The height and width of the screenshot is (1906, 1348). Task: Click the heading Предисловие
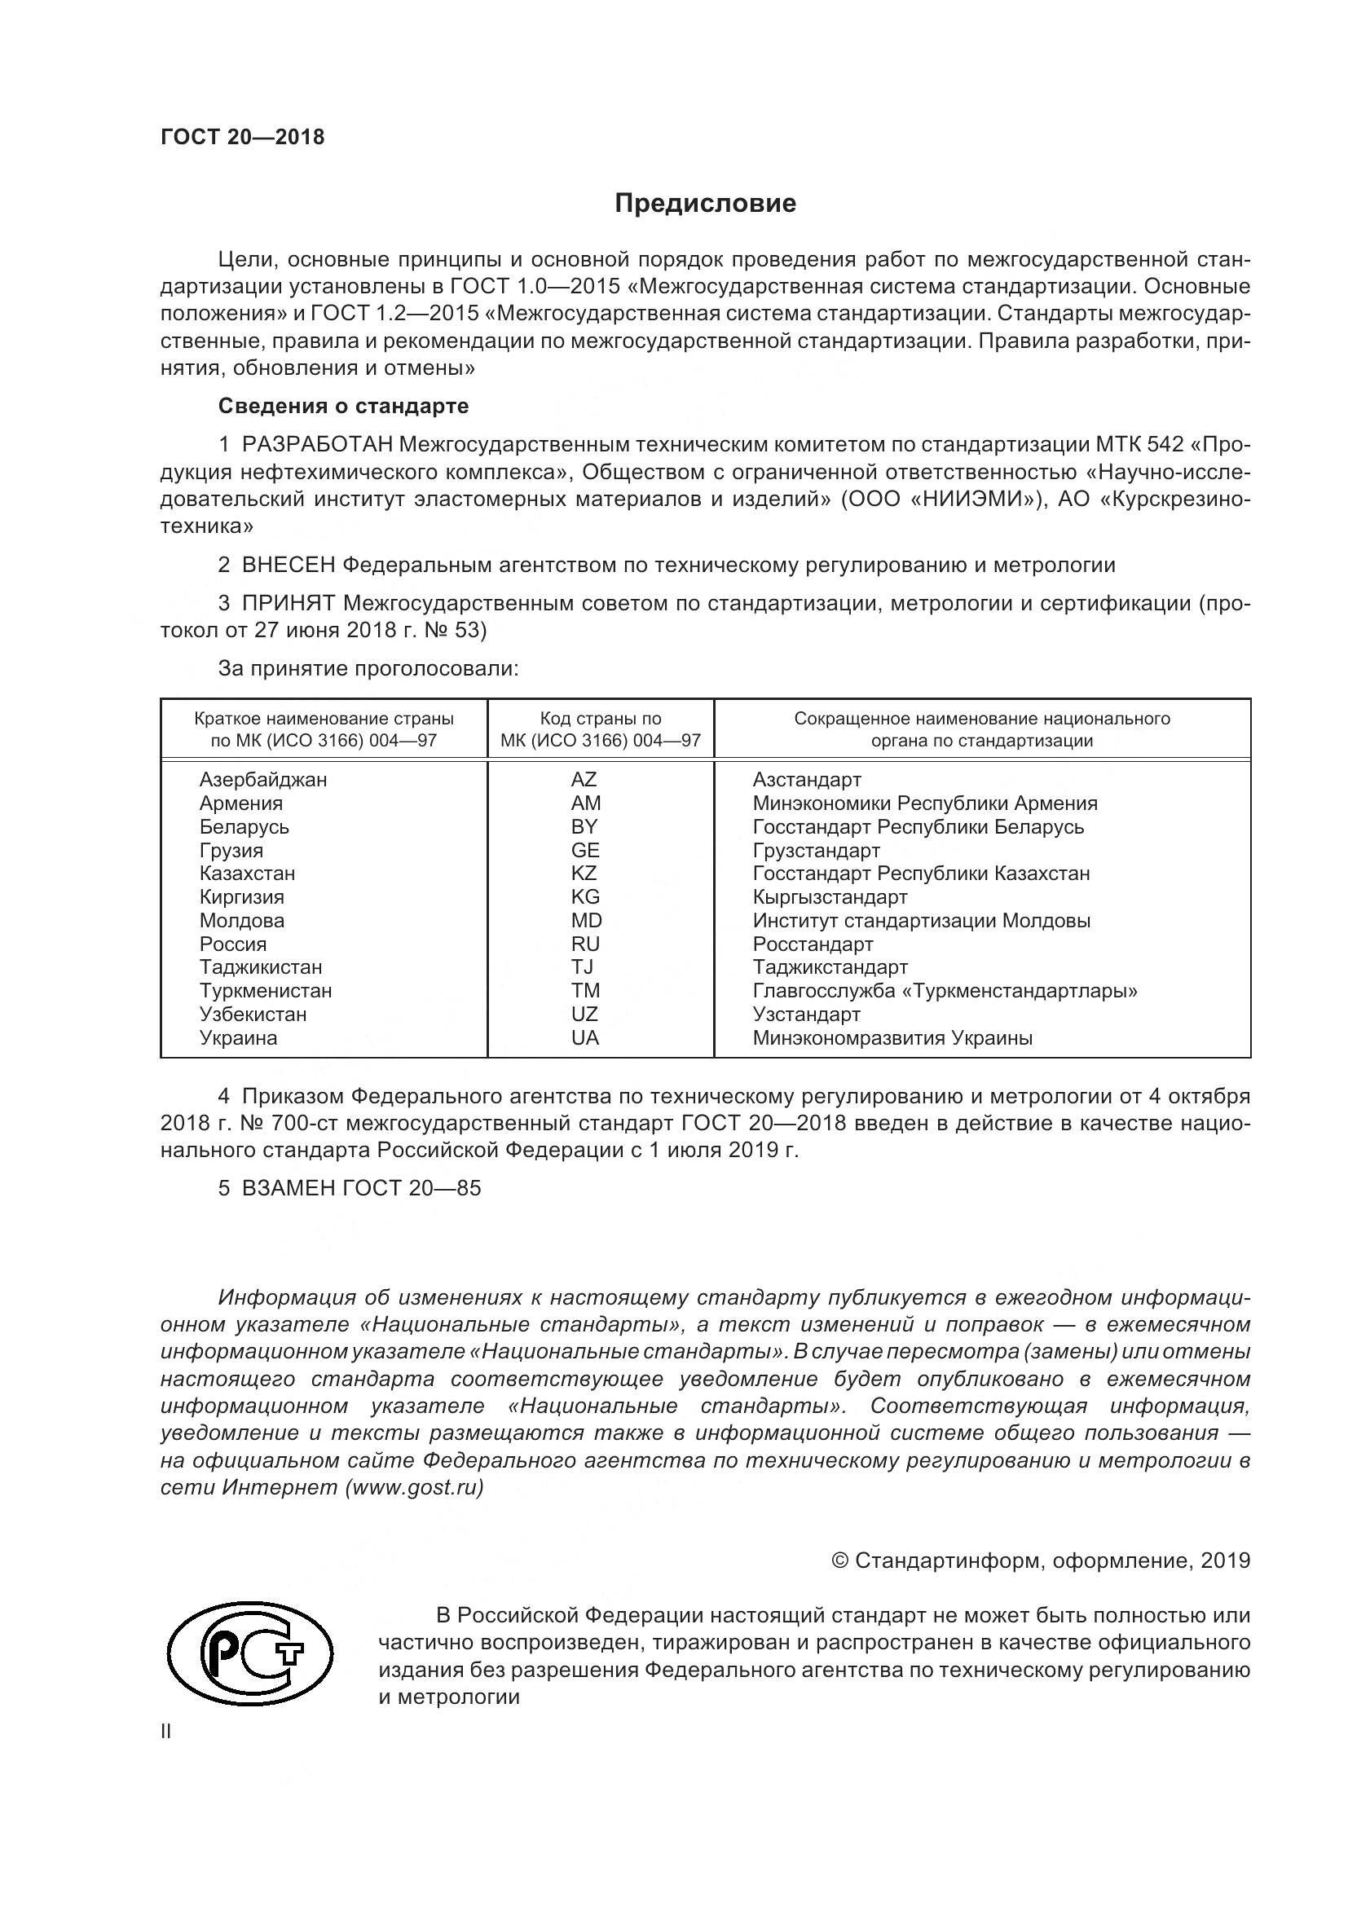coord(705,204)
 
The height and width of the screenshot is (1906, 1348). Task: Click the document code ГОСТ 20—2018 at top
coord(242,138)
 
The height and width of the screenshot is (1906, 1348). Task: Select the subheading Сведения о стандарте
coord(343,406)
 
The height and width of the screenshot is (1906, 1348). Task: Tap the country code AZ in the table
coord(584,780)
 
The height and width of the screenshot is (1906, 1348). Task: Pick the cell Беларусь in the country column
coord(244,827)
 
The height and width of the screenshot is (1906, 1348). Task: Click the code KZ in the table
coord(584,874)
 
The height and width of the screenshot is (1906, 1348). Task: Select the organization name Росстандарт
coord(813,944)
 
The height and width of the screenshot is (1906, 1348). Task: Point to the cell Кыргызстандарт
coord(830,897)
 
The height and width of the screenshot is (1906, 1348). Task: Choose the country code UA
coord(584,1037)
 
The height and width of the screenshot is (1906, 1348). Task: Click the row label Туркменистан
coord(266,990)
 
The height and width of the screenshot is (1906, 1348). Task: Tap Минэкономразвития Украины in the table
coord(892,1037)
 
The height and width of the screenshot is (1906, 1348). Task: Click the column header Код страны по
coord(600,719)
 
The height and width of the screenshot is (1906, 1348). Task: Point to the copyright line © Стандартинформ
coord(1041,1560)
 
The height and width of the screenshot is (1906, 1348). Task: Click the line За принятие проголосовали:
coord(368,668)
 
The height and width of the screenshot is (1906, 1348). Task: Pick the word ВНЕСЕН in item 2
coord(289,566)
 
